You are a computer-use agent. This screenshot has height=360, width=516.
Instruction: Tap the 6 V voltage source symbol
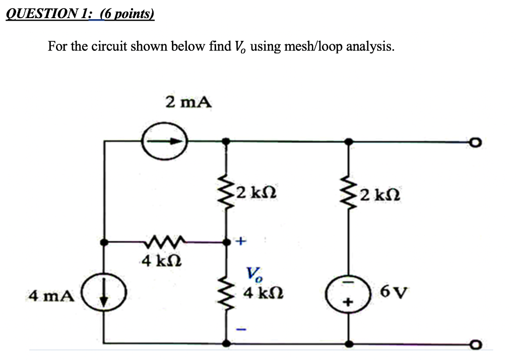pyautogui.click(x=348, y=293)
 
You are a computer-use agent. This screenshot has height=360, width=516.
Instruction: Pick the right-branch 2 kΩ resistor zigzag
pyautogui.click(x=348, y=192)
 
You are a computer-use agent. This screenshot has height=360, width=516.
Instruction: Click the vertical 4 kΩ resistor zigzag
pyautogui.click(x=227, y=294)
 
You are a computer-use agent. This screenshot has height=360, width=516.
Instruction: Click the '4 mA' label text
pyautogui.click(x=51, y=295)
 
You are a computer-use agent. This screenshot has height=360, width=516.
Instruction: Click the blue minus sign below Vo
pyautogui.click(x=241, y=330)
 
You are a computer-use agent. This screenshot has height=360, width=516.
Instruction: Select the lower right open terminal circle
pyautogui.click(x=476, y=345)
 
